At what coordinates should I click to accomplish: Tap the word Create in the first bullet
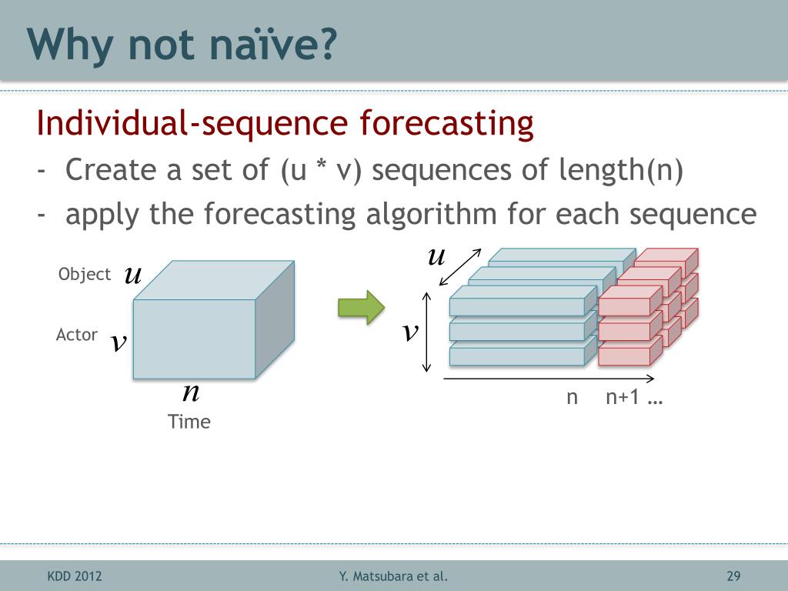click(111, 169)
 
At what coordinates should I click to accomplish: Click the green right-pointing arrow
click(362, 307)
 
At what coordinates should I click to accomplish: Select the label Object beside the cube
click(85, 275)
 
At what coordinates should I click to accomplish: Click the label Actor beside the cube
click(76, 335)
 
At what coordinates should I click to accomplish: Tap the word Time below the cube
click(189, 422)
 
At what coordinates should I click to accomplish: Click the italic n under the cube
click(191, 392)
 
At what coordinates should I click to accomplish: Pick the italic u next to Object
click(133, 275)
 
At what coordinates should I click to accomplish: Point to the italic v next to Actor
click(119, 342)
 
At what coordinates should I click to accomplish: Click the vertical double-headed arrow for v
click(426, 332)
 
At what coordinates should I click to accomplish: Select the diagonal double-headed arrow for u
click(460, 267)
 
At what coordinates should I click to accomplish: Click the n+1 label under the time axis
click(622, 397)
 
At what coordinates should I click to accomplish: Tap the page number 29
click(733, 576)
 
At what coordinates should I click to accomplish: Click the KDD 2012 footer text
click(75, 576)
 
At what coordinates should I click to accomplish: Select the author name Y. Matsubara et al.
click(393, 576)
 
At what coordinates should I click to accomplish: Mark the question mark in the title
click(328, 44)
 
